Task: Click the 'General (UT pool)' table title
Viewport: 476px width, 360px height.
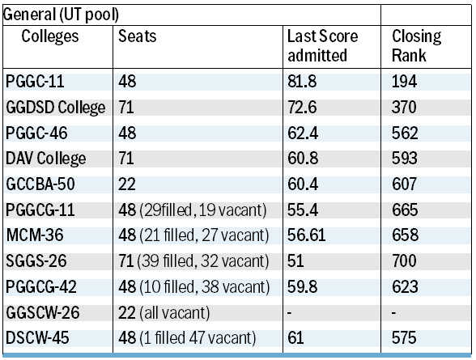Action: point(61,15)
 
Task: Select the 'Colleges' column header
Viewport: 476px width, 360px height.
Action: point(50,36)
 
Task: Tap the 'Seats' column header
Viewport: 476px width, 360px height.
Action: point(138,36)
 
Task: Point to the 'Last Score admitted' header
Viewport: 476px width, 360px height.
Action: point(323,46)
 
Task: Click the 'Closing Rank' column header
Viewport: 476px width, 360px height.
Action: point(416,46)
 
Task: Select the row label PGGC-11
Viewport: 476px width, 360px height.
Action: point(35,81)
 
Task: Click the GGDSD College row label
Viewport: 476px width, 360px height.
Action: point(56,108)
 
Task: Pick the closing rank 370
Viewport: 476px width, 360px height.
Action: point(404,108)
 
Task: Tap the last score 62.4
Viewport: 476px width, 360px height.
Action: point(303,133)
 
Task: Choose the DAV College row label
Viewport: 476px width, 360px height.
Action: point(46,159)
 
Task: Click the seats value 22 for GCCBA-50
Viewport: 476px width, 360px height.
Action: point(127,184)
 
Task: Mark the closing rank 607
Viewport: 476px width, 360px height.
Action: point(404,184)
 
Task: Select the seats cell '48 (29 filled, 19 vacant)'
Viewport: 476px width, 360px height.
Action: point(193,210)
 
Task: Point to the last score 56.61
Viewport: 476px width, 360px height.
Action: point(307,235)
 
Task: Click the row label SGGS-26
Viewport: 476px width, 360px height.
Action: point(36,261)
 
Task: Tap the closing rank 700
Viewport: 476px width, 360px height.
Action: point(404,260)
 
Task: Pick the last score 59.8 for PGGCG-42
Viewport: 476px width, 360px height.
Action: point(303,286)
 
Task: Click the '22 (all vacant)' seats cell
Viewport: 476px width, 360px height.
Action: point(164,313)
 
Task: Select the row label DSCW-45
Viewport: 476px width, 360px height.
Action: point(37,338)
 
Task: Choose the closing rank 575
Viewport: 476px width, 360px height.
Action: point(404,338)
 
